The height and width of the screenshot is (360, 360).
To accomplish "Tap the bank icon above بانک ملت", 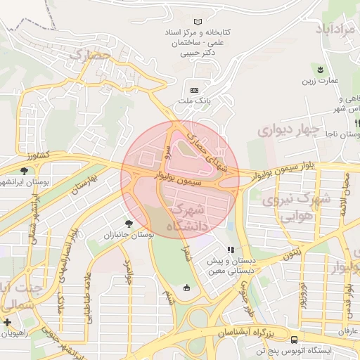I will point(194,90).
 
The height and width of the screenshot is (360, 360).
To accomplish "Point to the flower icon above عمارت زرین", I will point(320,69).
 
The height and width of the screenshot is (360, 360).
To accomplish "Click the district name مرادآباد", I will point(337,30).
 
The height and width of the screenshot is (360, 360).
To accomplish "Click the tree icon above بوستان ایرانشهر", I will point(25,171).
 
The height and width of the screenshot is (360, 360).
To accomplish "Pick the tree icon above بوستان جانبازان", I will point(128,223).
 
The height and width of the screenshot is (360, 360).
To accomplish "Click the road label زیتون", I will point(294,252).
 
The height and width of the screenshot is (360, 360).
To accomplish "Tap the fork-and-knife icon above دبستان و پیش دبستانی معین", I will point(229,250).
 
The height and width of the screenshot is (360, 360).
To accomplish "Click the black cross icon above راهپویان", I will point(7,322).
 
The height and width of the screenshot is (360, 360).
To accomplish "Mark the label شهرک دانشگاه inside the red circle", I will point(187,217).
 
